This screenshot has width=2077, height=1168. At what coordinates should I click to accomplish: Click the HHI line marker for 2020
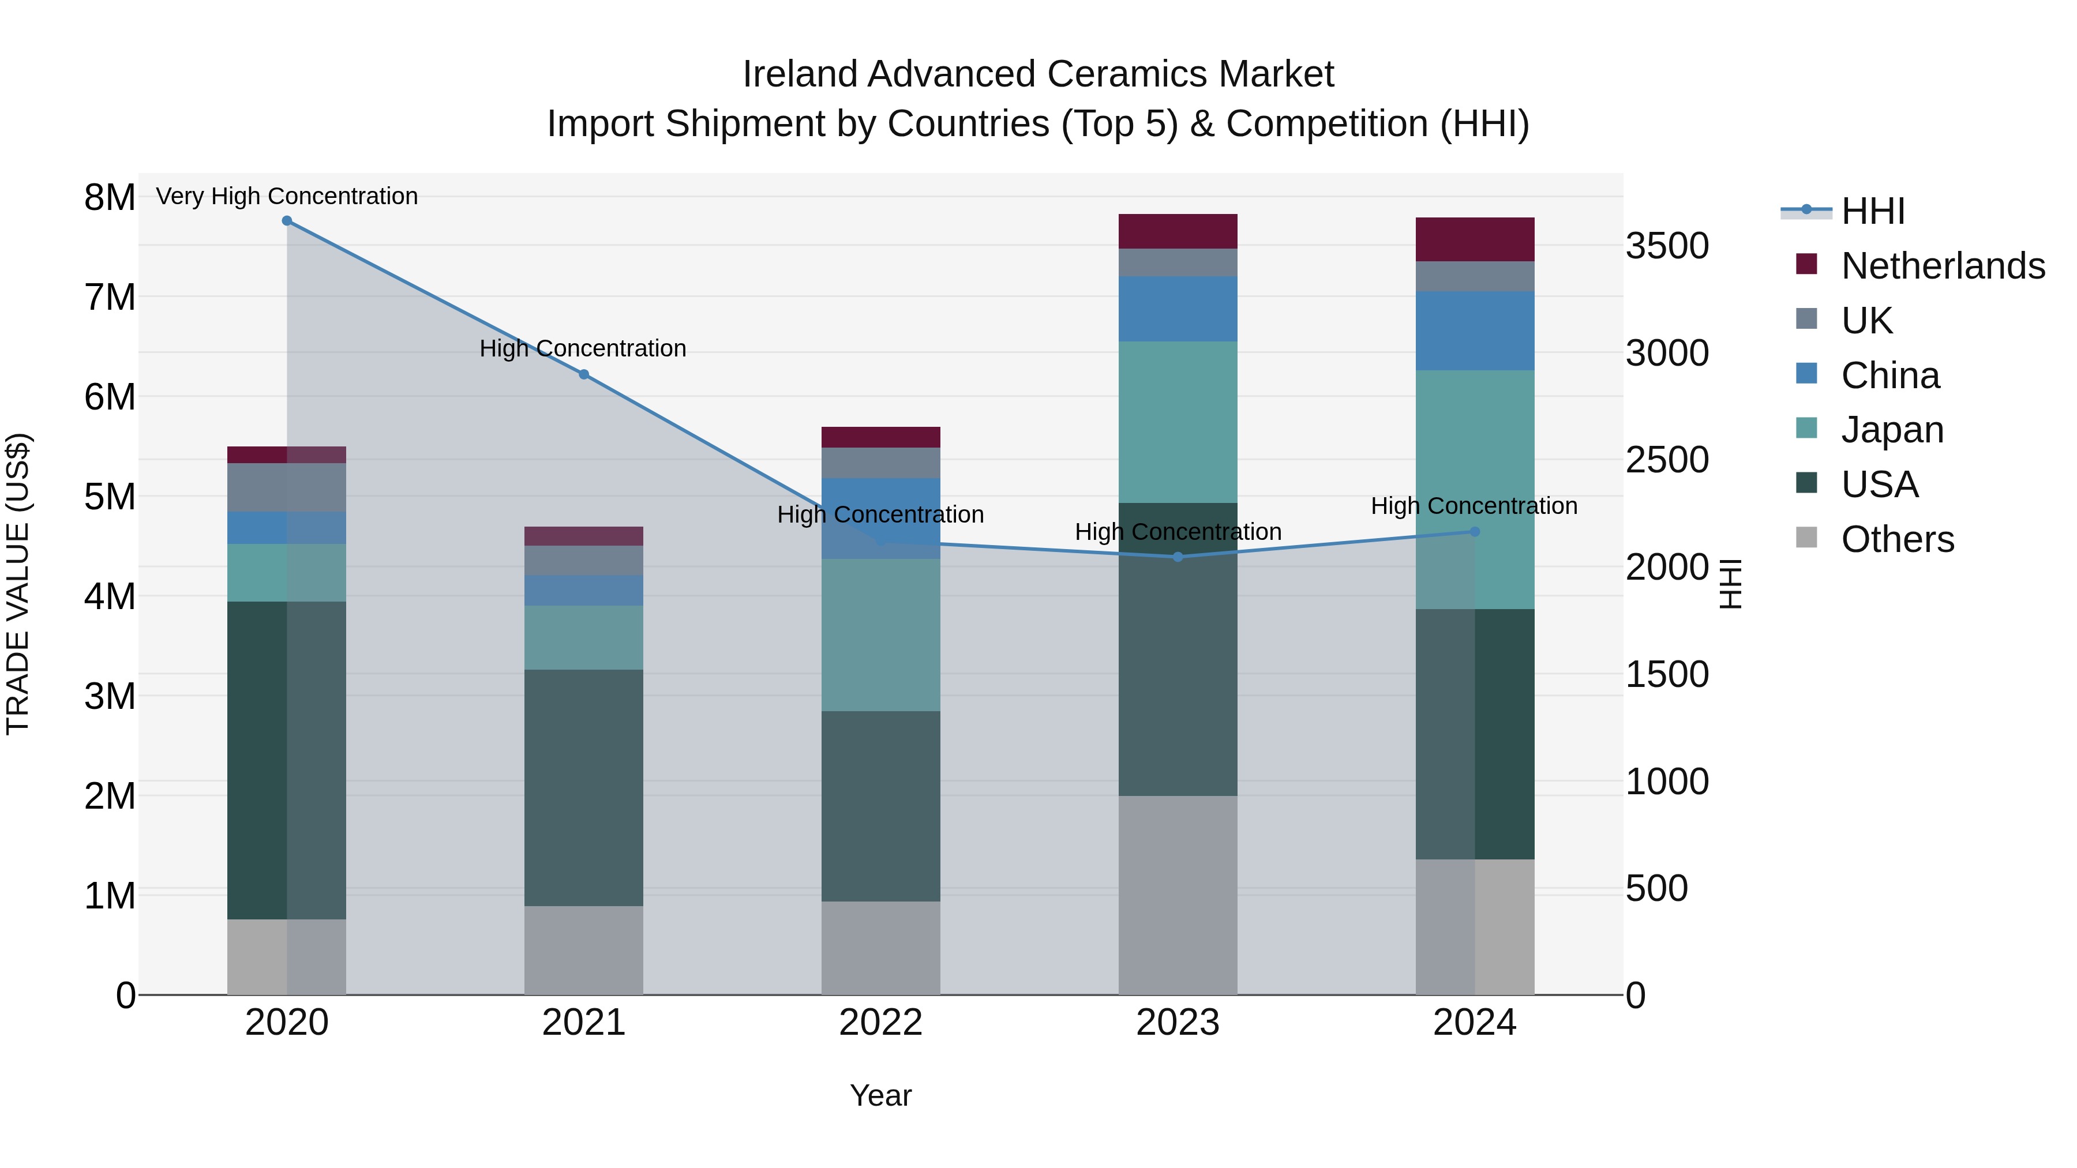point(287,221)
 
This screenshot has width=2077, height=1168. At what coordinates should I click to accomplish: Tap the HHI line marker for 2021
point(584,374)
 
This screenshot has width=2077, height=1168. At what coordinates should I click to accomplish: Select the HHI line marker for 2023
point(1178,557)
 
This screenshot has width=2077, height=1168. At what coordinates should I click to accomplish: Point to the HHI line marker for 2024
point(1475,531)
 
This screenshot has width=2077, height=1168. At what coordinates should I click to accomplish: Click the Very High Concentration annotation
point(287,196)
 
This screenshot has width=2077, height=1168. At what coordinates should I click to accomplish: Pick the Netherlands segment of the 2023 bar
point(1178,231)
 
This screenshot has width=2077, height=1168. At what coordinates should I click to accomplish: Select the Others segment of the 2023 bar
point(1178,895)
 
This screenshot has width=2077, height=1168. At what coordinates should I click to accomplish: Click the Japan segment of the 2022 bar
point(880,635)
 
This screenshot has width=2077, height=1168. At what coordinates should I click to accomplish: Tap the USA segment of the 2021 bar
point(584,787)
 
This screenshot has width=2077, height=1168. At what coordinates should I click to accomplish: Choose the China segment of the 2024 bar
point(1475,331)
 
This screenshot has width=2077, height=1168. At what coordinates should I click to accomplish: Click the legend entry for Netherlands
point(1943,266)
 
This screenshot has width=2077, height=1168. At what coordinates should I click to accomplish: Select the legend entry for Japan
point(1892,430)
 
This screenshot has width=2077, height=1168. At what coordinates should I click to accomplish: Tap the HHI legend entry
point(1872,211)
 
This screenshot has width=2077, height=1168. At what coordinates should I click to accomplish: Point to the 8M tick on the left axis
point(110,197)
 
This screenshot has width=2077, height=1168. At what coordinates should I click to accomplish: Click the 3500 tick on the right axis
point(1667,246)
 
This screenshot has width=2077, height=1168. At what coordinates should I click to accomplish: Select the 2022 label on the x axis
point(880,1023)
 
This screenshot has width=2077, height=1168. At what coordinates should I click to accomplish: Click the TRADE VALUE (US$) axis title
point(18,584)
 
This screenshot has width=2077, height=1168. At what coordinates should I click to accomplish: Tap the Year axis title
point(880,1095)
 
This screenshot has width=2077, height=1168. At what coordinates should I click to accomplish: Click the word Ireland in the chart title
point(801,74)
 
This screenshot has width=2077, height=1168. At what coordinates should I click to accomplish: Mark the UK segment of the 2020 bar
point(287,487)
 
